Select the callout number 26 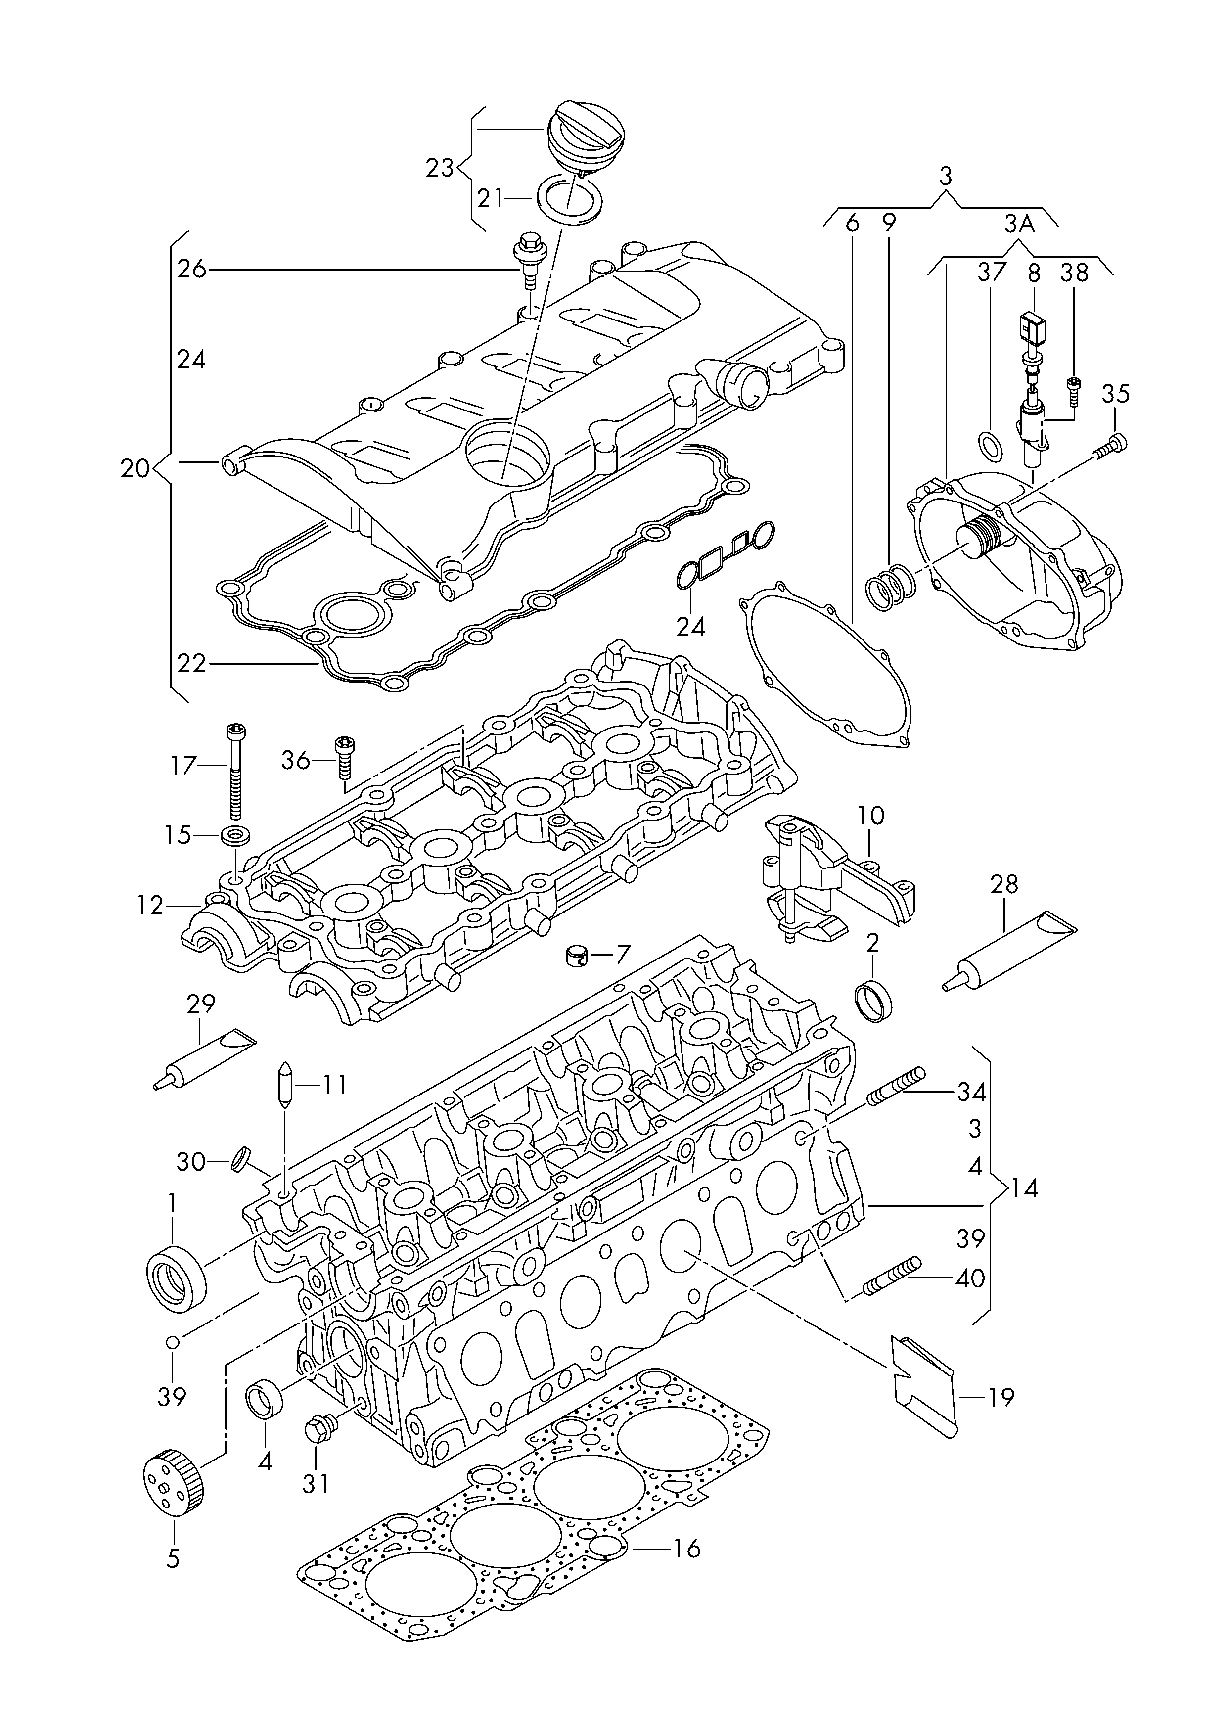[x=191, y=269]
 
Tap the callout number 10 [x=871, y=816]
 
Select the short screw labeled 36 [x=345, y=756]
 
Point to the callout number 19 [x=1001, y=1397]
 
